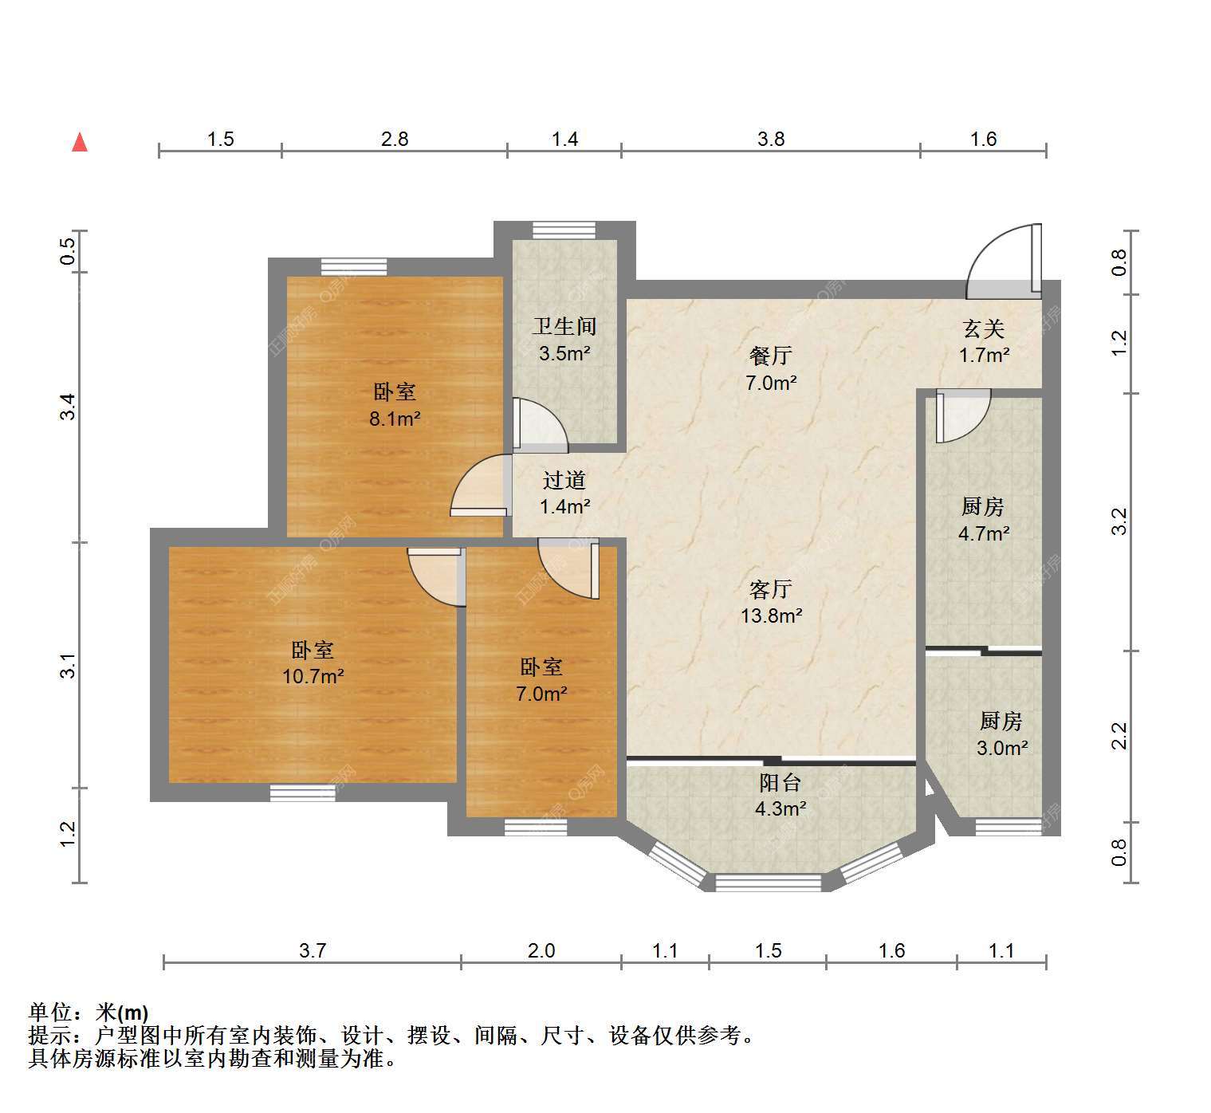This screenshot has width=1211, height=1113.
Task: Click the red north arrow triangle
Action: (80, 143)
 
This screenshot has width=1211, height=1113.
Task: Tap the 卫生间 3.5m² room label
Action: (564, 340)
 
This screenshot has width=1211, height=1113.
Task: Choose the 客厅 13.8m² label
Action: (772, 602)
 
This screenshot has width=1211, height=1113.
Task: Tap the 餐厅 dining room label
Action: (771, 356)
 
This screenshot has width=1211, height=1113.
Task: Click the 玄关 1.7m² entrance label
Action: (984, 342)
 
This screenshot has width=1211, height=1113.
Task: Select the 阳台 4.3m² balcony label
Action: (780, 796)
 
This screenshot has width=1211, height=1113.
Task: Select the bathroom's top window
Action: (564, 230)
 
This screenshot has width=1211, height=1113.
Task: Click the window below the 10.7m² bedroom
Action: (302, 792)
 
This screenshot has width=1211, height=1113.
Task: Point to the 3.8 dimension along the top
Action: (771, 140)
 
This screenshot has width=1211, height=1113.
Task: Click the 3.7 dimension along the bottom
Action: (313, 951)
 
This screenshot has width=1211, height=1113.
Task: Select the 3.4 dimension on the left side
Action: (69, 407)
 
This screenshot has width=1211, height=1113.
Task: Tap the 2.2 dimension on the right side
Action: (1119, 736)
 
